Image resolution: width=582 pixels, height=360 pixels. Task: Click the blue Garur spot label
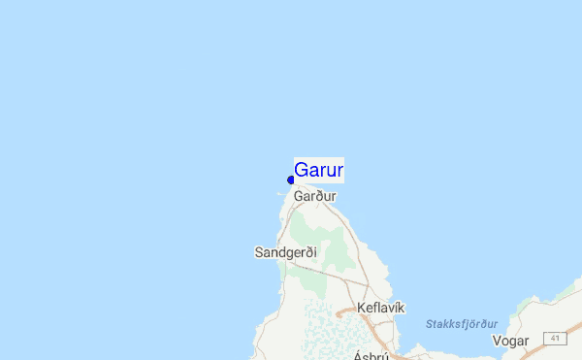point(318,171)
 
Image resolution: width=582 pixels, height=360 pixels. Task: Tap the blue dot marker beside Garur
point(291,180)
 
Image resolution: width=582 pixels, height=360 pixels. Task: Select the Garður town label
point(315,196)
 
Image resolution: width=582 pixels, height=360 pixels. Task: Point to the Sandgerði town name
point(279,252)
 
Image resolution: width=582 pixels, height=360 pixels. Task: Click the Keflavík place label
point(380,308)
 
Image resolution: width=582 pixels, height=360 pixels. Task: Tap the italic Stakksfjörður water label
point(462,324)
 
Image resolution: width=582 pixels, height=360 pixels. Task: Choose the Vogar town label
point(510,341)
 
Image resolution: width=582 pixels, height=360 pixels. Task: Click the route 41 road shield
point(554,338)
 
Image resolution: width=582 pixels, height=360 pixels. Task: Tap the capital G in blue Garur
point(302,171)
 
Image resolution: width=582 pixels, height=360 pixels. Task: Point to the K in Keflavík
point(362,308)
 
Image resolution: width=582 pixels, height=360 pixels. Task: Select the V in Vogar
point(497,341)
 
